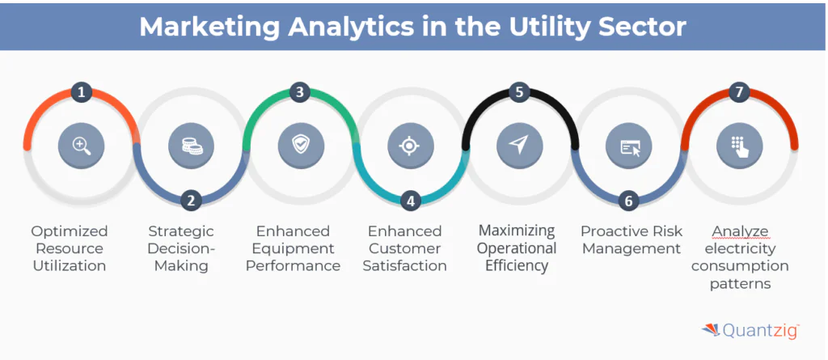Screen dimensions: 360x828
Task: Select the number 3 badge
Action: [x=300, y=92]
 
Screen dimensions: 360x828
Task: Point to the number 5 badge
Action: [x=519, y=92]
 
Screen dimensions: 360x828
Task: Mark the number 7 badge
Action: [x=738, y=92]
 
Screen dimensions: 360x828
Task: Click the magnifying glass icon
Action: [x=81, y=146]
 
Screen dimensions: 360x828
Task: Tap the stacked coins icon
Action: [x=191, y=146]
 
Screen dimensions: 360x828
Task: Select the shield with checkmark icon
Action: [x=300, y=146]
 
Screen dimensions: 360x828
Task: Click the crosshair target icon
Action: [x=410, y=146]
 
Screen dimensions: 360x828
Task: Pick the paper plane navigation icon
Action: [x=519, y=146]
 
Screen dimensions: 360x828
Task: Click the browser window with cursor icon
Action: [x=629, y=146]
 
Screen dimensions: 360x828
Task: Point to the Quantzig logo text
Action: [x=761, y=331]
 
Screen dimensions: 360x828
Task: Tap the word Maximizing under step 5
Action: [x=517, y=231]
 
